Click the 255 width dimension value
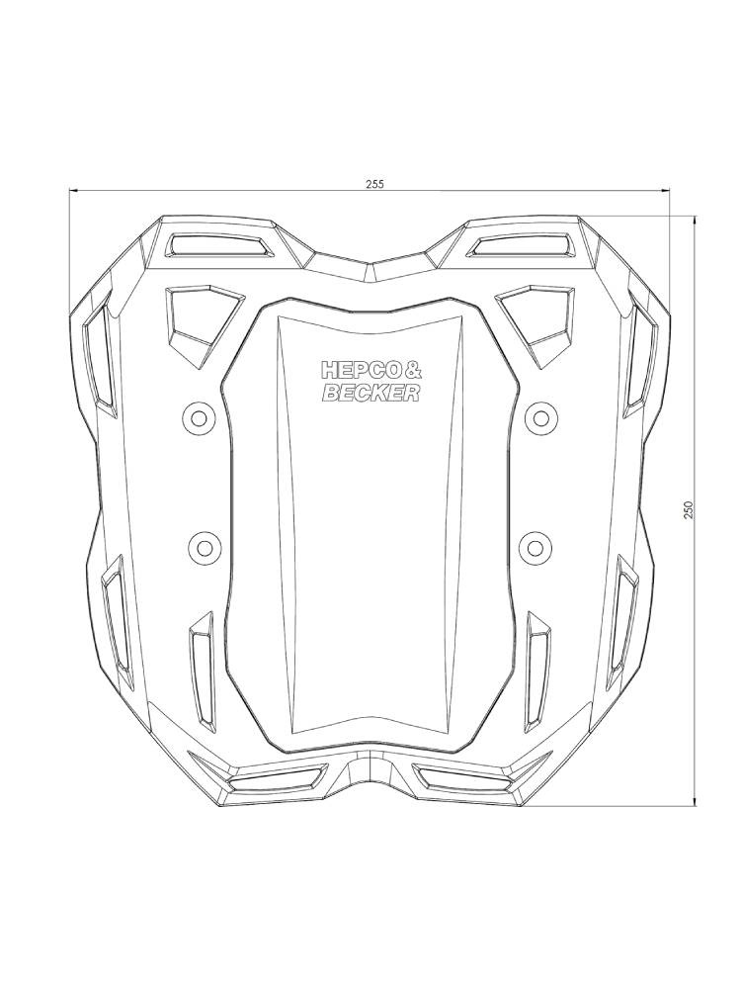click(374, 183)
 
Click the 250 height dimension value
click(689, 507)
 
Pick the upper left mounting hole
click(199, 418)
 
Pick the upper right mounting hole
click(539, 413)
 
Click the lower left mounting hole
click(204, 545)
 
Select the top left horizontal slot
click(219, 243)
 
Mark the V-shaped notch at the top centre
click(370, 265)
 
